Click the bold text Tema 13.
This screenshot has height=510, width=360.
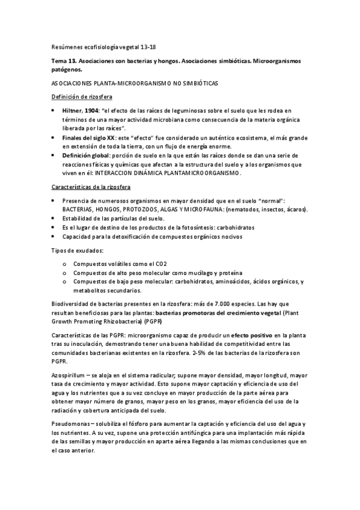click(63, 61)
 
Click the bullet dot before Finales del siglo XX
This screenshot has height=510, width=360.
click(55, 138)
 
